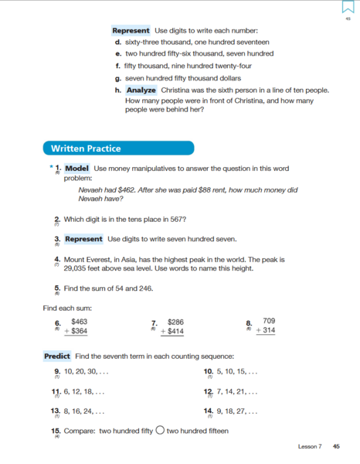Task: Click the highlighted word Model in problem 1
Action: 77,168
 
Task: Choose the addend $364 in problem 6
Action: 77,330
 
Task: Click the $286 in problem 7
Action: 176,320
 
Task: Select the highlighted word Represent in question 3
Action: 84,238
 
